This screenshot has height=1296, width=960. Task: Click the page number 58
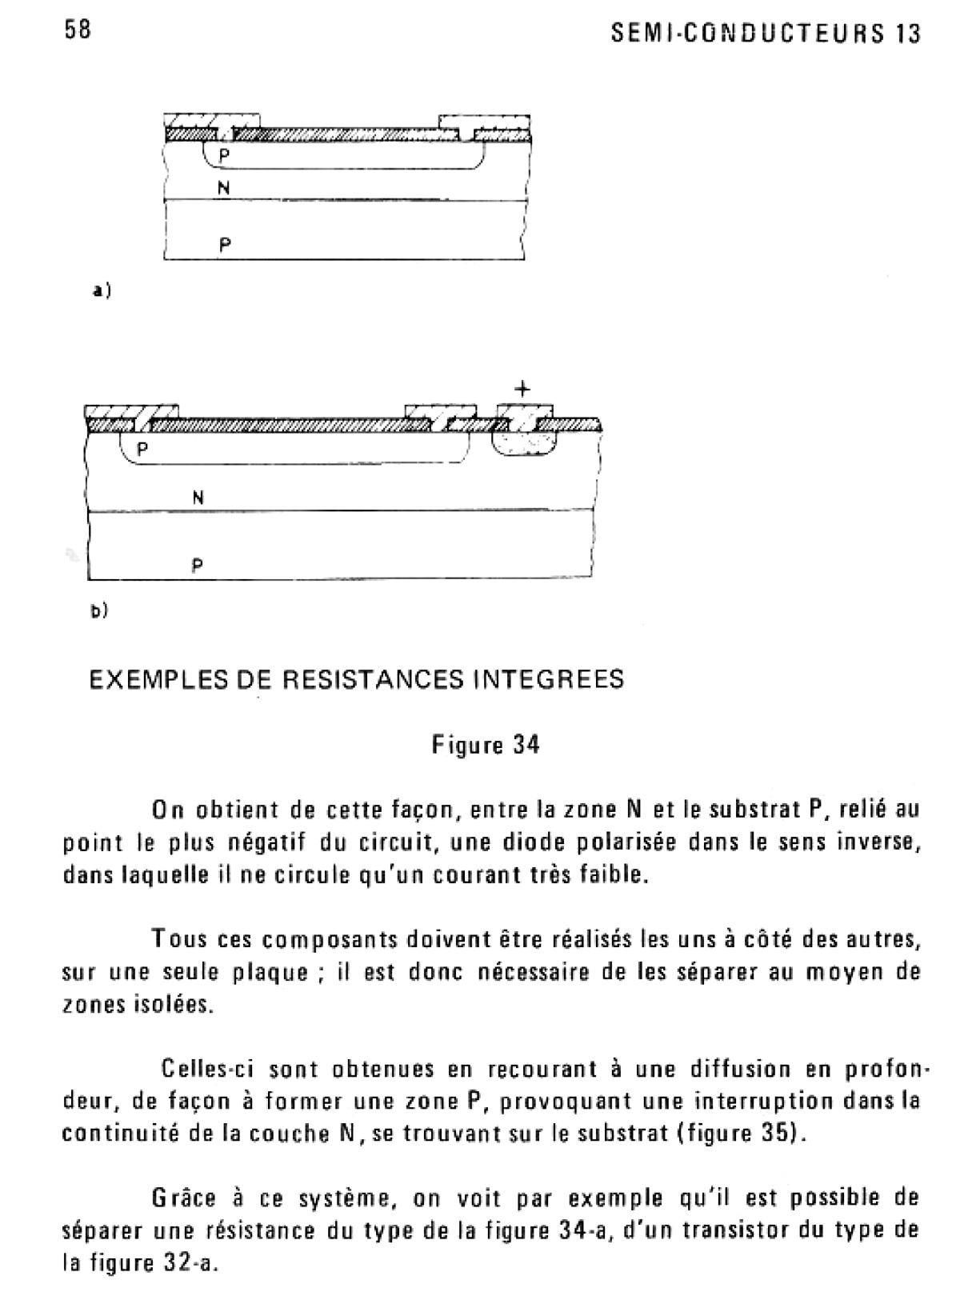(77, 30)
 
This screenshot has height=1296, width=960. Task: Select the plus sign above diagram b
(522, 390)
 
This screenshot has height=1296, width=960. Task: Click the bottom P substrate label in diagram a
(225, 246)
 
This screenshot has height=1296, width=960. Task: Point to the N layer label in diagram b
(198, 497)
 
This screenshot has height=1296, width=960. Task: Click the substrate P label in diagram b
(198, 566)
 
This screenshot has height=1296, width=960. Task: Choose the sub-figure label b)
(98, 611)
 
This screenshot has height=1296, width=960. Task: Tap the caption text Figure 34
(486, 746)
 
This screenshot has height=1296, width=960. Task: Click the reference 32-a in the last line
(187, 1263)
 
